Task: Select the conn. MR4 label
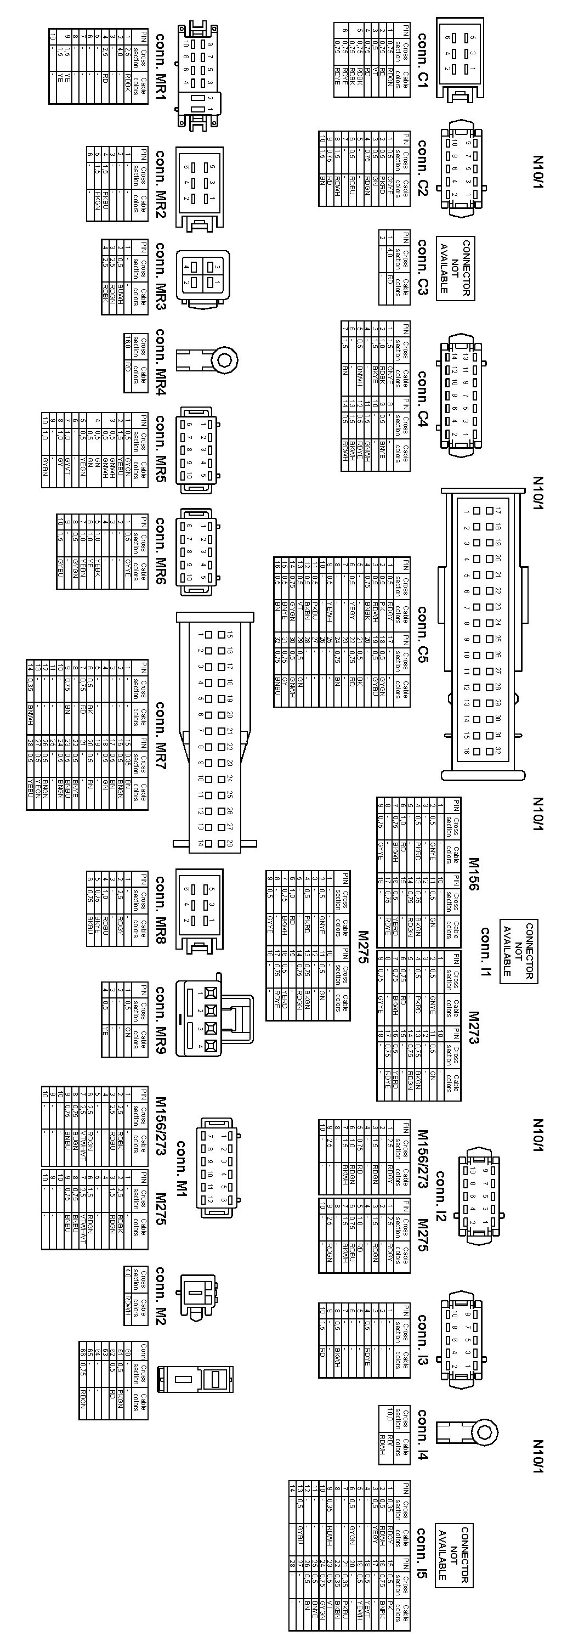pos(160,362)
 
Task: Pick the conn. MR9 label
pos(160,1020)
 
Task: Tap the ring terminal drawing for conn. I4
pos(466,1434)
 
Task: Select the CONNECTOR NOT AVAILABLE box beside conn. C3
pos(455,268)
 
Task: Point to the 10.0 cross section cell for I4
pos(388,1418)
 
